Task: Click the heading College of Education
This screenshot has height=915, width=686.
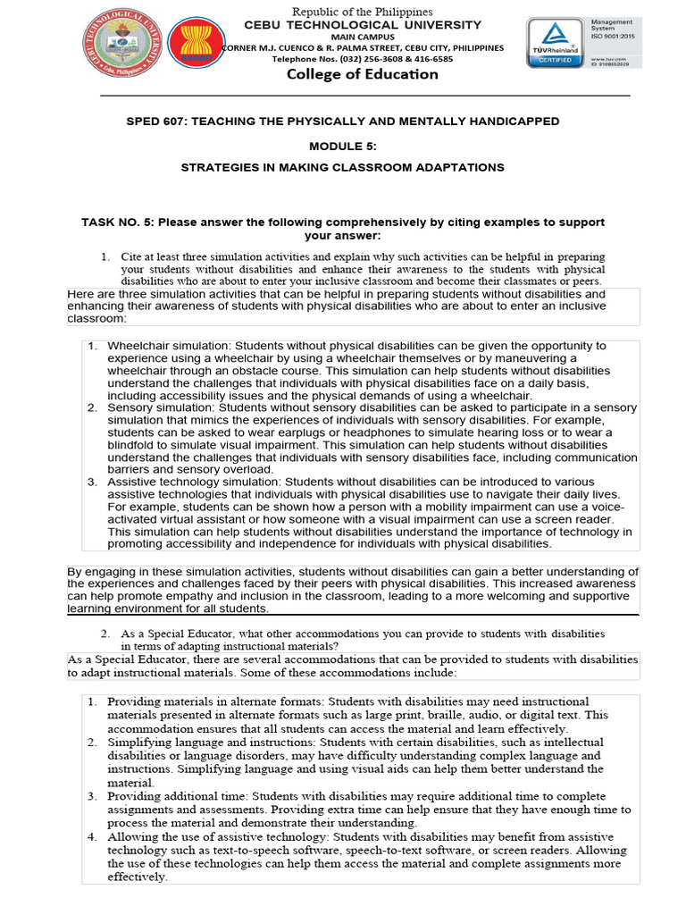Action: click(x=362, y=74)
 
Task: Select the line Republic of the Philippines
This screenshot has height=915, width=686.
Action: click(x=363, y=12)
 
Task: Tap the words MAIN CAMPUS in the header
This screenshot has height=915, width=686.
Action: click(x=362, y=37)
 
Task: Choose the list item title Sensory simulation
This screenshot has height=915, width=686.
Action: click(x=153, y=407)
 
